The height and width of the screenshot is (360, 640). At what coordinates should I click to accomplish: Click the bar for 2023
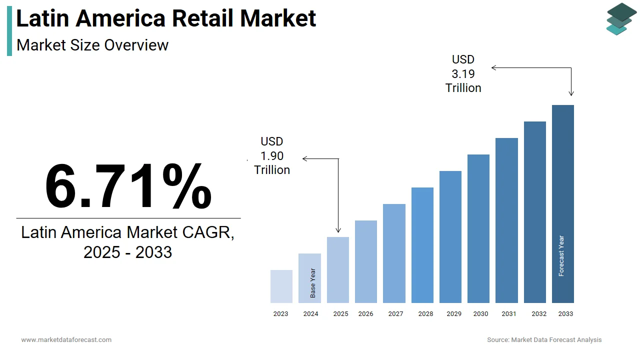(x=281, y=286)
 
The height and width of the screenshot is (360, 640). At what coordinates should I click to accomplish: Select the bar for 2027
(x=394, y=253)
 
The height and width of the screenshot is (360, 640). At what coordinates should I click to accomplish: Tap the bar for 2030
(x=478, y=228)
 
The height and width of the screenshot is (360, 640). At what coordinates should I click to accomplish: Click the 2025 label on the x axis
(x=340, y=314)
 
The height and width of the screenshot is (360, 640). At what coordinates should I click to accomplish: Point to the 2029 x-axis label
(x=453, y=314)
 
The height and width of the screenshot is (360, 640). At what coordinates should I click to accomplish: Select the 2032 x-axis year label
(x=539, y=314)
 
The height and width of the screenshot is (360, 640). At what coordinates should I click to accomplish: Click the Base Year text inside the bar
(x=313, y=283)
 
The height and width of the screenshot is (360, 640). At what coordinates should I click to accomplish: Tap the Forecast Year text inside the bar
(x=561, y=256)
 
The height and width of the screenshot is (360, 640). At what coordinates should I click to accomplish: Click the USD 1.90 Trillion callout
(x=272, y=156)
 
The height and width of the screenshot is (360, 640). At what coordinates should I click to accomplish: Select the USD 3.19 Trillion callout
(x=463, y=74)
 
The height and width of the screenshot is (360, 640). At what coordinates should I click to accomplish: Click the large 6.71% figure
(x=128, y=186)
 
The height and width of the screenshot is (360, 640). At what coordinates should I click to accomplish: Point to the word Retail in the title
(x=202, y=18)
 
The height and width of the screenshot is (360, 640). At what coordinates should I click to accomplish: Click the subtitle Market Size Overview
(x=92, y=45)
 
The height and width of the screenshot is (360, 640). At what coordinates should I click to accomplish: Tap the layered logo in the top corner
(x=621, y=19)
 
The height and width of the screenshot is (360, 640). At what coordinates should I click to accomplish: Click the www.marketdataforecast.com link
(x=66, y=340)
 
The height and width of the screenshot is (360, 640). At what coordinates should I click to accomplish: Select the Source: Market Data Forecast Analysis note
(x=544, y=340)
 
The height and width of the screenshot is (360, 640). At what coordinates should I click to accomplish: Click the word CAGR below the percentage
(x=206, y=232)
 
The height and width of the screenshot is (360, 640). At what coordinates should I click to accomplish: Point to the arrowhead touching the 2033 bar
(x=571, y=93)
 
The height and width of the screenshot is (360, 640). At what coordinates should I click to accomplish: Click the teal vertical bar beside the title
(x=9, y=31)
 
